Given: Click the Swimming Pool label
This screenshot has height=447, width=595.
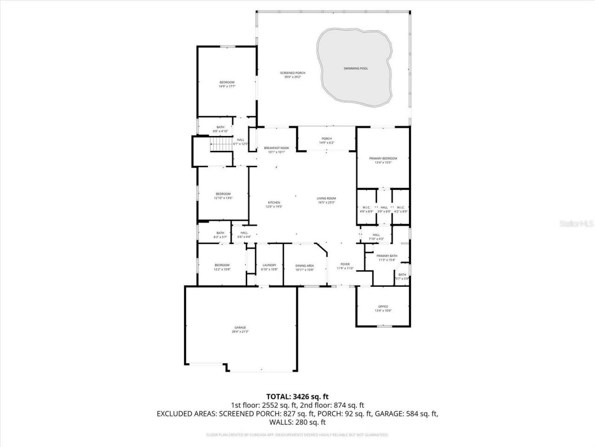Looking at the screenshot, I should tap(356, 68).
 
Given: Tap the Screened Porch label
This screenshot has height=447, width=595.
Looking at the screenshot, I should tap(292, 73).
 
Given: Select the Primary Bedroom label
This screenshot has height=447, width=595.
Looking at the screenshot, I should tap(383, 158).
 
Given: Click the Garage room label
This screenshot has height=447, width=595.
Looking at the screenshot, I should tap(240, 327).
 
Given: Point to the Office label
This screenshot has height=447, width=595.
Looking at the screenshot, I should tap(383, 306).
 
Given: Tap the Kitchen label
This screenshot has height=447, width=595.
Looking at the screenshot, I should tap(274, 203).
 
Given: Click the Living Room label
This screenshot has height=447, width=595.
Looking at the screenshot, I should tap(326, 198).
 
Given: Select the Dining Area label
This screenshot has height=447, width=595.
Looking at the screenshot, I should tap(304, 266).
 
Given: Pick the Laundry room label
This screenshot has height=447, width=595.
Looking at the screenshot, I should tap(269, 265).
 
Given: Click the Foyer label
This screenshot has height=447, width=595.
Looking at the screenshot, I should tap(345, 264).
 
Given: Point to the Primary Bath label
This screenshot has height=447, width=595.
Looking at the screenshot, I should tap(387, 256).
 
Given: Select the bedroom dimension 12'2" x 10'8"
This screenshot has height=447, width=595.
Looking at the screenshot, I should tap(222, 269).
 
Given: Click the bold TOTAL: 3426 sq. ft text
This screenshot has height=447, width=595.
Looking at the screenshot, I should tap(297, 397).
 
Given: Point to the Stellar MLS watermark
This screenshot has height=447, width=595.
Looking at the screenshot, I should tap(576, 223).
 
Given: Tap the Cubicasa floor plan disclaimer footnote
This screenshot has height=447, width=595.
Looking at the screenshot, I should tap(297, 435).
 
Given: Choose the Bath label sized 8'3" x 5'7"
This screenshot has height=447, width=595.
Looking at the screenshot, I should tap(220, 233).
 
